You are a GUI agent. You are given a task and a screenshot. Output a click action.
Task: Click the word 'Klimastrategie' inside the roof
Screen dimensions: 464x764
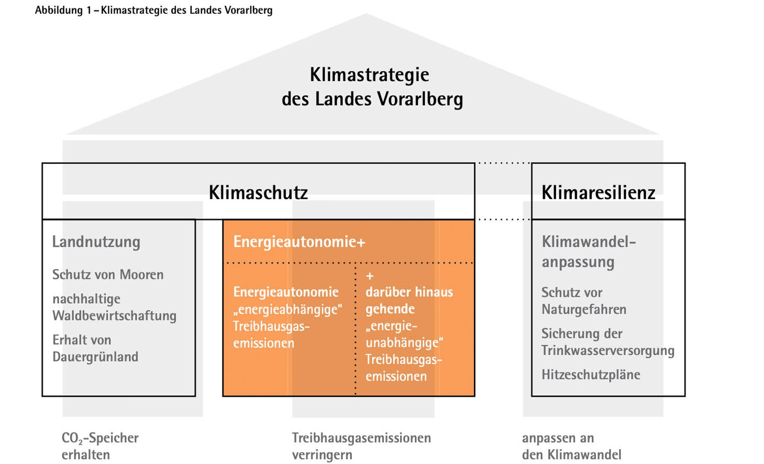369,75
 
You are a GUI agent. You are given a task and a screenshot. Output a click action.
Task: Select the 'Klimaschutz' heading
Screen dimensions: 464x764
258,192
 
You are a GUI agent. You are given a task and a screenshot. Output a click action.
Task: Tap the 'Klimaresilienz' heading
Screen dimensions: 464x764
598,192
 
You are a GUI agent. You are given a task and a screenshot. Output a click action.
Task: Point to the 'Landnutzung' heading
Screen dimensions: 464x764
96,242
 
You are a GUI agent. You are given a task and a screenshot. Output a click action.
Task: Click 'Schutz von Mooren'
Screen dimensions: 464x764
108,275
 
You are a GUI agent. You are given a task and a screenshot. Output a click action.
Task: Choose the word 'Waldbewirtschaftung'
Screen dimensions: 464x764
114,316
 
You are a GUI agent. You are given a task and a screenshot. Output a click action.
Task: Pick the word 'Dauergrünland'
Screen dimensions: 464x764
95,357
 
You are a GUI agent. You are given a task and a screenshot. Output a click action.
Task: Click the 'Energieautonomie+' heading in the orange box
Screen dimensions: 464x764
299,242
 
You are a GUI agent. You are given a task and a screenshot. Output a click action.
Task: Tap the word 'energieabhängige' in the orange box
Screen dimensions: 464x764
288,309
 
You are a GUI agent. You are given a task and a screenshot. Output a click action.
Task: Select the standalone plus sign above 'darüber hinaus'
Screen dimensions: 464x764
370,276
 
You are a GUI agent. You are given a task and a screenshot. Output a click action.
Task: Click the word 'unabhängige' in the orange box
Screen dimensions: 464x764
404,343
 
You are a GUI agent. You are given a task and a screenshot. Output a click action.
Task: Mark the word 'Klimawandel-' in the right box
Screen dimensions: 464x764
589,242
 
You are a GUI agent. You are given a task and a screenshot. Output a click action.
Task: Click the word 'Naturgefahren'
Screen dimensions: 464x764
584,309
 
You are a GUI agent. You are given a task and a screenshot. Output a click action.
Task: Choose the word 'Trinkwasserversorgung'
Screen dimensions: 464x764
608,351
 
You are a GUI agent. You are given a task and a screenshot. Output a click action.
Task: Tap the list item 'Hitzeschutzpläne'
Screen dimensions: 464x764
591,375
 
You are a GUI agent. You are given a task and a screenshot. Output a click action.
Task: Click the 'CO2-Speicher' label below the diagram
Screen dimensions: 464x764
100,438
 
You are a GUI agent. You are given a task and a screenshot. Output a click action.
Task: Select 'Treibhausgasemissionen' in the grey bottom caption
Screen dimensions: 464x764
361,438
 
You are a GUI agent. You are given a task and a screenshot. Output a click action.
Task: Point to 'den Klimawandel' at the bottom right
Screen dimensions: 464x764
571,455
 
